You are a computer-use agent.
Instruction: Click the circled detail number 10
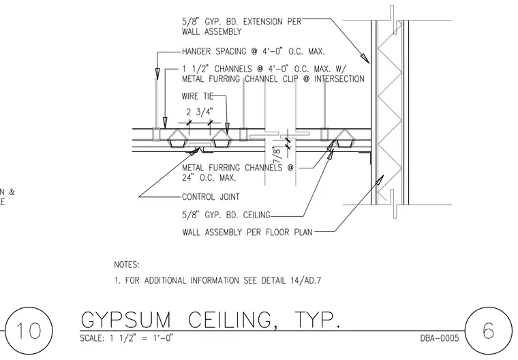click(x=29, y=331)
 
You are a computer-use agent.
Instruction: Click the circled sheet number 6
click(x=488, y=331)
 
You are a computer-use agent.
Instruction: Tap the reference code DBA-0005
click(x=440, y=338)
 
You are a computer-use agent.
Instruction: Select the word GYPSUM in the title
click(x=126, y=320)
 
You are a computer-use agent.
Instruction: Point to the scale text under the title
click(x=127, y=338)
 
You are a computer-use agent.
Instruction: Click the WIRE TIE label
click(x=198, y=96)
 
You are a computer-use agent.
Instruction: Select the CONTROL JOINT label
click(x=211, y=197)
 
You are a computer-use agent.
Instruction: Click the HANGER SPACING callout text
click(x=254, y=52)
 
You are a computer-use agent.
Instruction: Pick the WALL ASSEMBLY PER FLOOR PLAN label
click(x=247, y=232)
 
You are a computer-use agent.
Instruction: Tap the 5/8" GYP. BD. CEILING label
click(x=226, y=215)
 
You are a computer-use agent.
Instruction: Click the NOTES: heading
click(x=127, y=265)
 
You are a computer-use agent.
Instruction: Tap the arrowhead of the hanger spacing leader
click(x=157, y=74)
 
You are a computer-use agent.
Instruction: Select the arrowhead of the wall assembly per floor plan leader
click(x=380, y=180)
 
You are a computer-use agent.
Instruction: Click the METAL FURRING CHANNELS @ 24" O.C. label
click(x=237, y=172)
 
